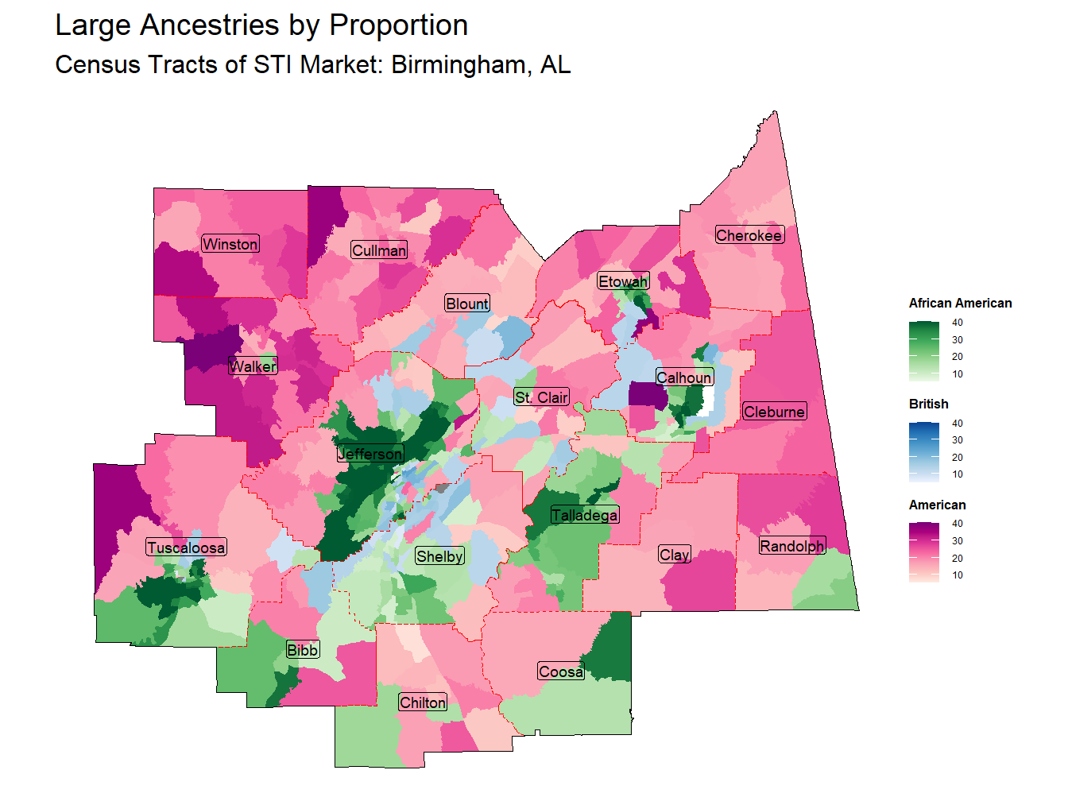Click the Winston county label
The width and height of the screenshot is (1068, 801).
[230, 244]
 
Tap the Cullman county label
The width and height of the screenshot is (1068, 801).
[379, 250]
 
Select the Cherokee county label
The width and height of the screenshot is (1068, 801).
[749, 235]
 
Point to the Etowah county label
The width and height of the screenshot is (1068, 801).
[623, 281]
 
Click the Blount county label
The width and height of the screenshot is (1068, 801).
[467, 304]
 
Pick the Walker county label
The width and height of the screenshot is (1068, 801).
[253, 366]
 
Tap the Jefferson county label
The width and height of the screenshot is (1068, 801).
[370, 454]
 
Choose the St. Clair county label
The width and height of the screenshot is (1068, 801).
[541, 397]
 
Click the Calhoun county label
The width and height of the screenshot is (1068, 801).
[684, 377]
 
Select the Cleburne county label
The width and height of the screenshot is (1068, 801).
[775, 412]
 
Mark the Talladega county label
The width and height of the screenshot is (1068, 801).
[585, 515]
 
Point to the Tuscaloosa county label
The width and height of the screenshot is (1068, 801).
[186, 548]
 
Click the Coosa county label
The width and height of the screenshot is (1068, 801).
[561, 671]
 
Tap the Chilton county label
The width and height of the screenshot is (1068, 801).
[423, 702]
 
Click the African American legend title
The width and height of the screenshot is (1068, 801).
[960, 304]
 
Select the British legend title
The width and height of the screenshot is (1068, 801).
[928, 404]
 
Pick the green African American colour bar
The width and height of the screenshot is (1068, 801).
[923, 350]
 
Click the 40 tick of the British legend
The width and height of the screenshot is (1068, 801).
[957, 424]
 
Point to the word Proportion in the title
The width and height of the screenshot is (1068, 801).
[398, 25]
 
